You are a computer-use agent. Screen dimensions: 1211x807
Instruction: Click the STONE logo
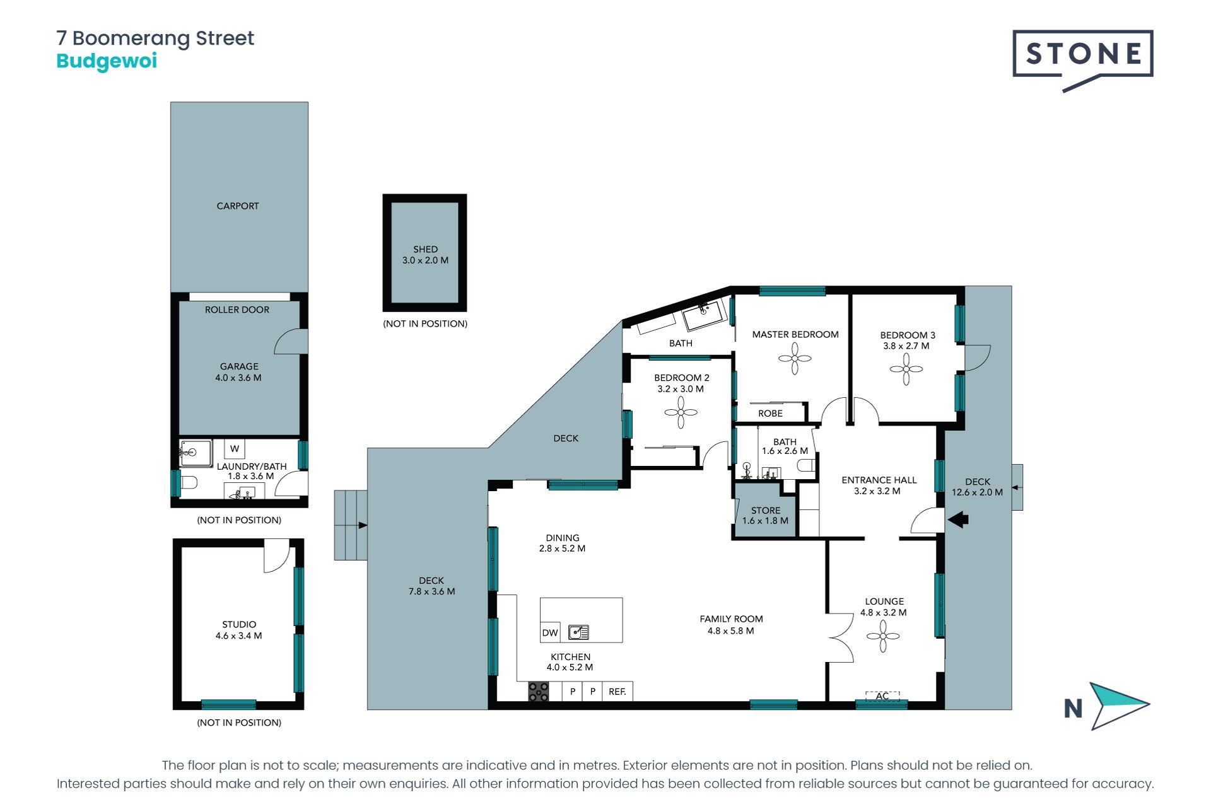coord(1083,59)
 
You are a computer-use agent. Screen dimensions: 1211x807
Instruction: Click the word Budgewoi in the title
coord(107,62)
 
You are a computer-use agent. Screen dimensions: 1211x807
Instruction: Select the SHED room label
coord(425,249)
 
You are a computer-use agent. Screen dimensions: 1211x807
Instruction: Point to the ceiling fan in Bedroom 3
coord(906,369)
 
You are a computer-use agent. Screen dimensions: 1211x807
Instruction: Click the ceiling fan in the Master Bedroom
coord(795,359)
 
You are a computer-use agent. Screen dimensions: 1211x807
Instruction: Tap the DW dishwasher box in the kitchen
coord(550,632)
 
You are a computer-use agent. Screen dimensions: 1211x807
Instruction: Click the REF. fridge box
coord(617,692)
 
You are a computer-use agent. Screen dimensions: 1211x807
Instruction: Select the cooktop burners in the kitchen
coord(539,692)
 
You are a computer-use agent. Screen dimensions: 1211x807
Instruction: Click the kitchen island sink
coord(578,632)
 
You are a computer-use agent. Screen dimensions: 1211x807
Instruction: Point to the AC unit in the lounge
coord(882,696)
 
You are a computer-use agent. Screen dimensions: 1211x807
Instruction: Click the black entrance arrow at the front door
coord(958,520)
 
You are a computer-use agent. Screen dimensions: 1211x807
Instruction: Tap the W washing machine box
coord(235,449)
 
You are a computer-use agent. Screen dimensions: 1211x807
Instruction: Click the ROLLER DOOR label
coord(237,310)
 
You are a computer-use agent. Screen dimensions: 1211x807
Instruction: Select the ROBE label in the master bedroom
coord(770,414)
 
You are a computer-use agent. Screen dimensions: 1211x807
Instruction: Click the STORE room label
coord(766,510)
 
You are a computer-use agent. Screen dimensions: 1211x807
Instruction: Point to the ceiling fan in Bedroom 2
coord(681,412)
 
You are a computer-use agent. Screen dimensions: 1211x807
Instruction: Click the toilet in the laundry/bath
coord(188,483)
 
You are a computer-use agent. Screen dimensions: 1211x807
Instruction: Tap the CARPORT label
coord(238,206)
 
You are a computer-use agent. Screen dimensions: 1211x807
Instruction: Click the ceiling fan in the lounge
coord(883,636)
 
